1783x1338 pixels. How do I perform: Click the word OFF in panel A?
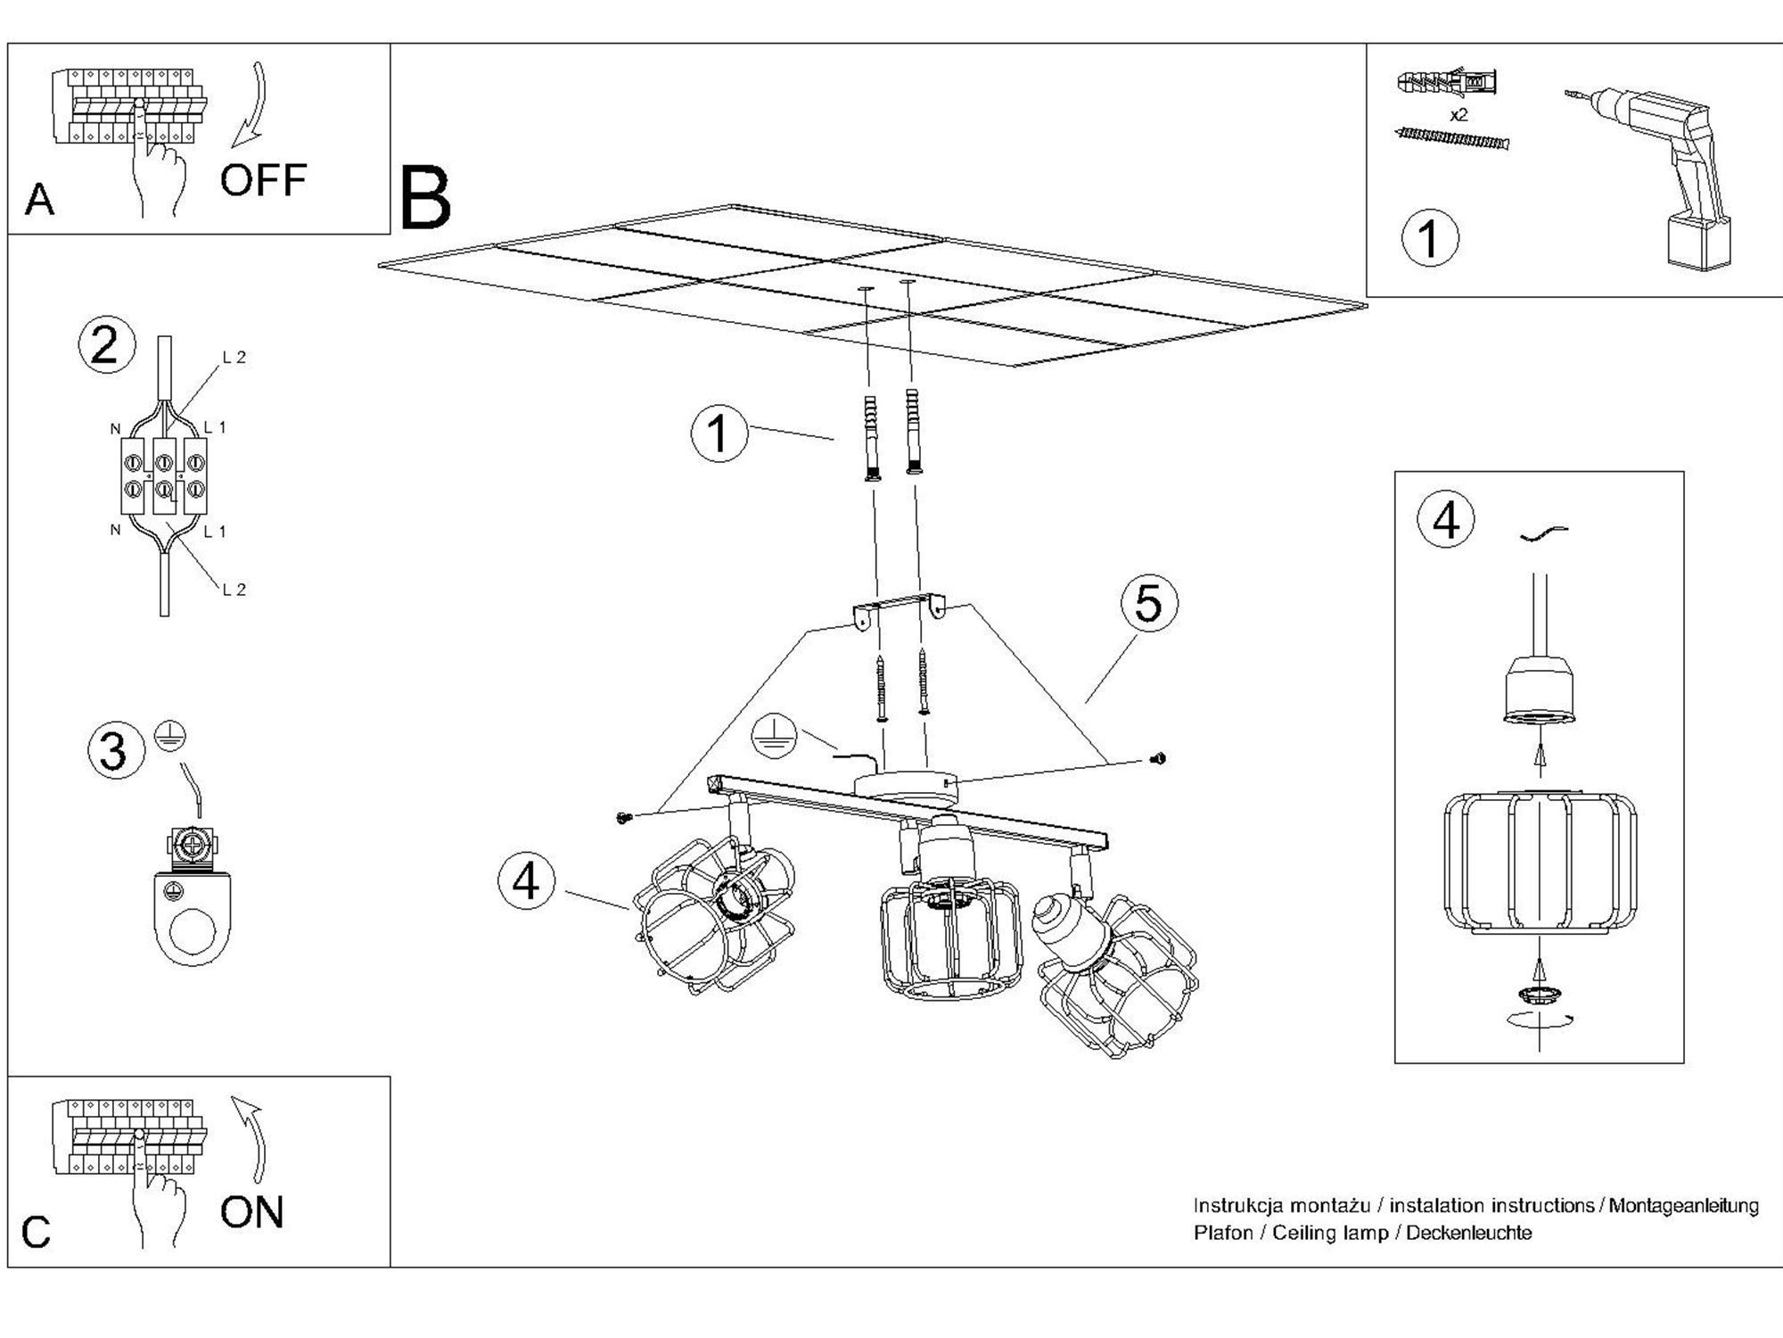click(x=263, y=180)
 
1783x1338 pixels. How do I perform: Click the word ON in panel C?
click(x=251, y=1212)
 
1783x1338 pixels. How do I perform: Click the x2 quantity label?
click(x=1458, y=115)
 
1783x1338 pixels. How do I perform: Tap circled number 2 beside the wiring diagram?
click(x=106, y=345)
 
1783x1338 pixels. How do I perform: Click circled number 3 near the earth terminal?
click(x=115, y=750)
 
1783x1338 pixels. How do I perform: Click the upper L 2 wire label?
click(x=234, y=358)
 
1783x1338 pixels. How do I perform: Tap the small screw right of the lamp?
click(x=1159, y=759)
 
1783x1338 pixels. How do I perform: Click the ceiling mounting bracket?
click(x=900, y=608)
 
